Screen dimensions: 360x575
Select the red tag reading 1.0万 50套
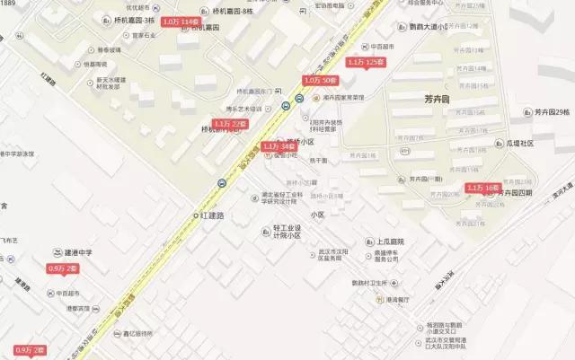[x=321, y=81]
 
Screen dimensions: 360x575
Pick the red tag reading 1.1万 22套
[x=231, y=123]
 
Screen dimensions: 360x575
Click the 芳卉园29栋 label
[x=548, y=112]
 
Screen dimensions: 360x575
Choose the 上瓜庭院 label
[x=385, y=242]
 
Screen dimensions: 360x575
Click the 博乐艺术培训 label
[x=242, y=109]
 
